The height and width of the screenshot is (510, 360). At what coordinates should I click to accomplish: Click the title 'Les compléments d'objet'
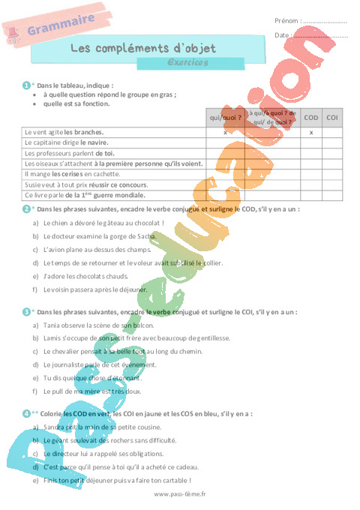coord(142,48)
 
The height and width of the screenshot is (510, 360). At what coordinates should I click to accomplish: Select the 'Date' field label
coord(282,35)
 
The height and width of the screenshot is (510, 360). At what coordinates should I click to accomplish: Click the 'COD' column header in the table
coord(310,117)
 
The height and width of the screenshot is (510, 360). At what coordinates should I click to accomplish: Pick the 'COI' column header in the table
coord(332,117)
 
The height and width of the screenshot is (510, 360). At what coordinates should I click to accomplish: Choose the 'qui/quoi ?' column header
coord(226,117)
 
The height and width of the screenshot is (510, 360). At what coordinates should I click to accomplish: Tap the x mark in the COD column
coord(310,132)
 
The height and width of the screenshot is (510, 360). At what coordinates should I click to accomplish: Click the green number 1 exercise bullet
coord(26,85)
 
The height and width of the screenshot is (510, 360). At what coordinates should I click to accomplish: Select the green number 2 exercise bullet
coord(26,208)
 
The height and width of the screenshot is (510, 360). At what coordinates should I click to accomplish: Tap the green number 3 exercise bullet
coord(26,311)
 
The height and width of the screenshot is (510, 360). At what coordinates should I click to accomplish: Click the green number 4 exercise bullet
coord(26,413)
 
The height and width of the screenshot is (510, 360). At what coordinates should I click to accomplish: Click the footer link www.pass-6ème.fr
coord(179,494)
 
